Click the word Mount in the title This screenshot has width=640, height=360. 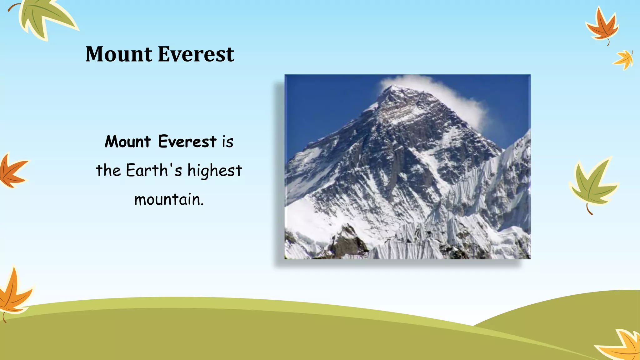pos(119,54)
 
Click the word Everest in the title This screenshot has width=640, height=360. pos(196,54)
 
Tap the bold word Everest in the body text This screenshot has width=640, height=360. pos(187,142)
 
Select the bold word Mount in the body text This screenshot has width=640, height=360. pos(128,142)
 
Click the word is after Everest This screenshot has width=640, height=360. pos(228,142)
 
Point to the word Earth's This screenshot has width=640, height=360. pos(154,171)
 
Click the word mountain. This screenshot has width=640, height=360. pos(169,200)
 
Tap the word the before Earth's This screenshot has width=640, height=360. pos(108,171)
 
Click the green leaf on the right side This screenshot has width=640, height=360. pos(592,184)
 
